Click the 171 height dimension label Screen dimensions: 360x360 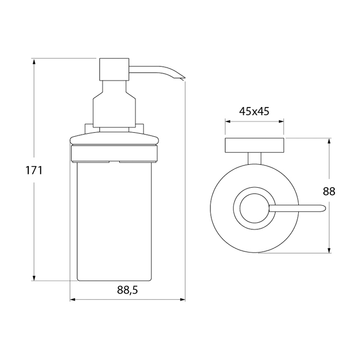(34, 171)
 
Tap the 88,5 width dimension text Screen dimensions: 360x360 (128, 290)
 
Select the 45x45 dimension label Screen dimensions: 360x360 (254, 112)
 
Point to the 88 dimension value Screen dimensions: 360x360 (329, 191)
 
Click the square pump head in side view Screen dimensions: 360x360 (114, 69)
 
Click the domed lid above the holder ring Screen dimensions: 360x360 (114, 139)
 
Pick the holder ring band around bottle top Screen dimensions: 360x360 (114, 154)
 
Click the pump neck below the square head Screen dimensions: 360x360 (114, 104)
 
